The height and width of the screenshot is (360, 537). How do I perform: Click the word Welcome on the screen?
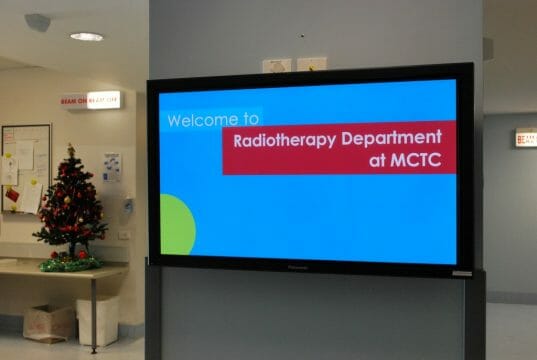click(199, 120)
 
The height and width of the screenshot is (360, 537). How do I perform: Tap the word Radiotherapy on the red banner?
click(279, 139)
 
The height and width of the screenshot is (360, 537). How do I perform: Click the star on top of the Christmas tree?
click(70, 150)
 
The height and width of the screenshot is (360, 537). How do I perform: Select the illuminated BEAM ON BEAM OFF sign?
click(90, 100)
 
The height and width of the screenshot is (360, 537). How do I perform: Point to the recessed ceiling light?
click(87, 37)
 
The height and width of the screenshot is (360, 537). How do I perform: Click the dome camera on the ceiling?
click(37, 22)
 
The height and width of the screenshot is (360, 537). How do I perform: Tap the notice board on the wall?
click(25, 165)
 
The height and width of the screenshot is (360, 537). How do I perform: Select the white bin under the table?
click(98, 320)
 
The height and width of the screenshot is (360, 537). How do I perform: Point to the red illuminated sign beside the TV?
click(525, 138)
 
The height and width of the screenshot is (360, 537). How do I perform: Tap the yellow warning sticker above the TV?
click(311, 65)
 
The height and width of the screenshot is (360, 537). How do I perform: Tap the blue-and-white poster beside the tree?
click(111, 166)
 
